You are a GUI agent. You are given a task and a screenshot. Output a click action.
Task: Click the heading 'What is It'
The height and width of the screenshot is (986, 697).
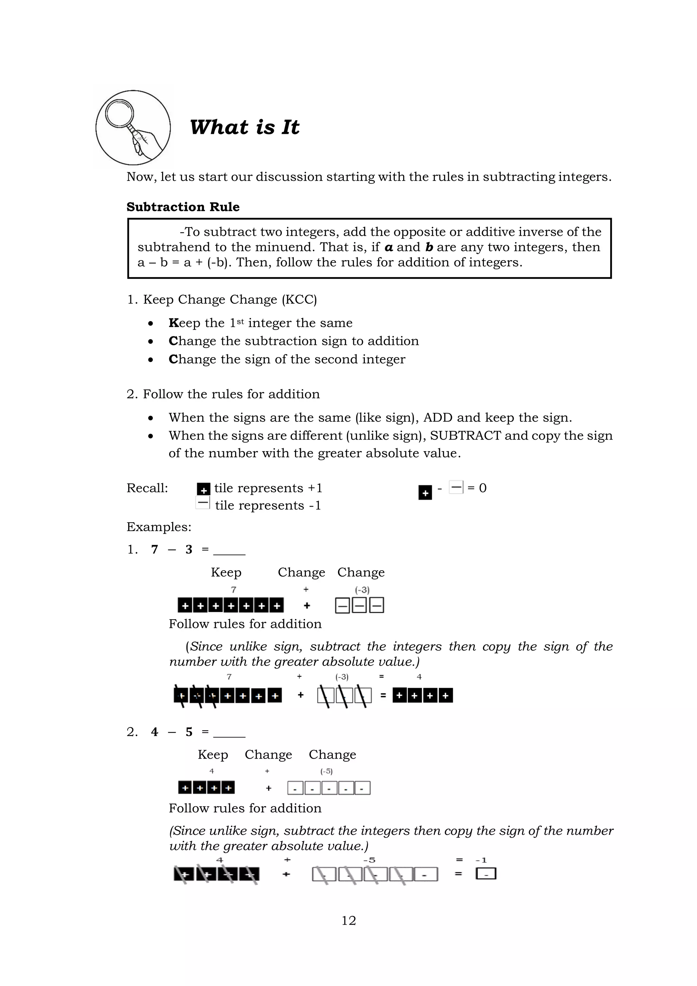point(244,128)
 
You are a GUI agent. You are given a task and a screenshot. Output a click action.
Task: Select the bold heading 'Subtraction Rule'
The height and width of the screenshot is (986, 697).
point(183,207)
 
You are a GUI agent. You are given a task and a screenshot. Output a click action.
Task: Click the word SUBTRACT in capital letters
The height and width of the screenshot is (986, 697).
point(465,435)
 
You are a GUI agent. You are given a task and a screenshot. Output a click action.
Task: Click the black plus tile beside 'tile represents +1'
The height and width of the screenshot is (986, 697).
point(204,490)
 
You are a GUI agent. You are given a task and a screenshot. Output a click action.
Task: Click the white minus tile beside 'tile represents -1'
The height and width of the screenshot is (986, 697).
point(202,503)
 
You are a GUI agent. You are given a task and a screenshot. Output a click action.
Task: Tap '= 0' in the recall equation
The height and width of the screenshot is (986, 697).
point(477,488)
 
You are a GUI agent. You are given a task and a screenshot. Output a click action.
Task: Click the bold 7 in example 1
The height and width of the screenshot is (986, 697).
point(155,549)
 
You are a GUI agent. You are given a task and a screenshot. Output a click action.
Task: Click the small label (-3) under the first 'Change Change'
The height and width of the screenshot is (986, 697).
point(362,590)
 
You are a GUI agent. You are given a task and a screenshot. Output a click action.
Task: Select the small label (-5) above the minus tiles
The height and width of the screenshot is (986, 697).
point(326,771)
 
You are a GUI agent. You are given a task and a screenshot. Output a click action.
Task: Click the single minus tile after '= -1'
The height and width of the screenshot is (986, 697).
point(486,874)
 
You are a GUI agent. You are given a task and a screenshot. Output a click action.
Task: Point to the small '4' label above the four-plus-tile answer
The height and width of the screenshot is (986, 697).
point(419,677)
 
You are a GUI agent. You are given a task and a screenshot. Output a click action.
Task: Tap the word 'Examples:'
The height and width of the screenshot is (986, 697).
point(159,527)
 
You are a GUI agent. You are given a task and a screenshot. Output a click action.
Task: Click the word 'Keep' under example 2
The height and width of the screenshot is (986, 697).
point(213,754)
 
